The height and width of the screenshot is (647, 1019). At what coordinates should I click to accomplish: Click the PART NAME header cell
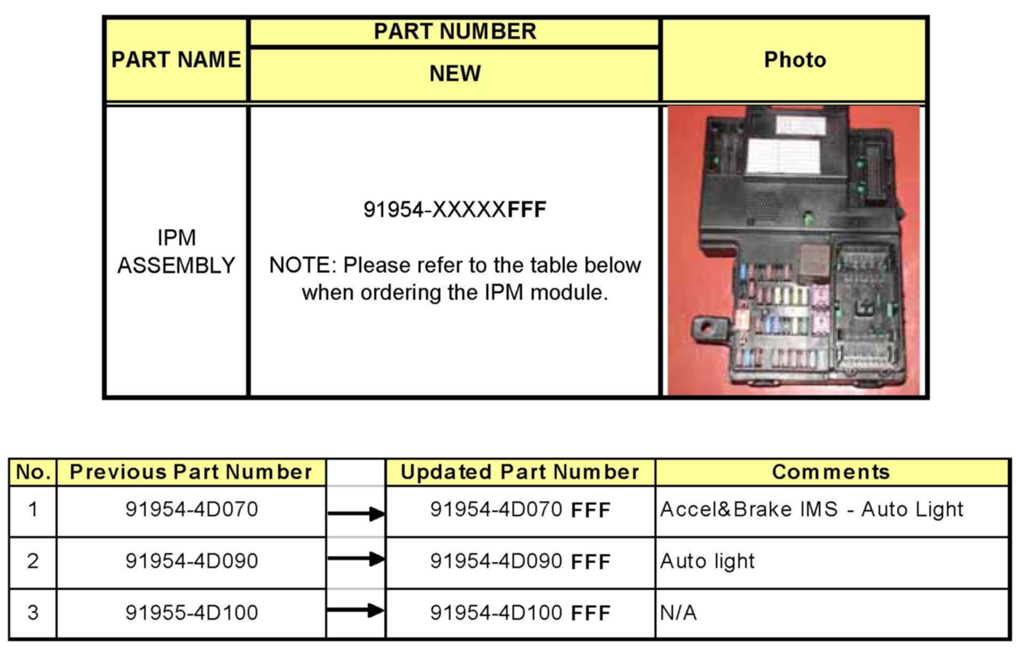176,59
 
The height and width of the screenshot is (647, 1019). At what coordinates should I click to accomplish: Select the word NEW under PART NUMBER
455,73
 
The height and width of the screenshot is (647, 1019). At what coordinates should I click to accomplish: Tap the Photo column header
794,60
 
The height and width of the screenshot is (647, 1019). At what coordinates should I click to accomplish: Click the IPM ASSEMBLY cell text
176,251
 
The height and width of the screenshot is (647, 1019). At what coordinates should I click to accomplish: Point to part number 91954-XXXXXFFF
455,209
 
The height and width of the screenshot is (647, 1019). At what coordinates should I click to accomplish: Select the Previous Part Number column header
191,472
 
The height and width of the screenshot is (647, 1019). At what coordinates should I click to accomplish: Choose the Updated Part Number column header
519,472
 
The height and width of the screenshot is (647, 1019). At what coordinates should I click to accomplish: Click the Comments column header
831,472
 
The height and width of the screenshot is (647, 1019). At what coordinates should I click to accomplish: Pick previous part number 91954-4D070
192,509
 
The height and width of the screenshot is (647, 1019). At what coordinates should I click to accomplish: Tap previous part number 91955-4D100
192,612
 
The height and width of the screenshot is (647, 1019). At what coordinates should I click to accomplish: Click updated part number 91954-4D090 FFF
520,561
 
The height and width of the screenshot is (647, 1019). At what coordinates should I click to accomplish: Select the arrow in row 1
356,514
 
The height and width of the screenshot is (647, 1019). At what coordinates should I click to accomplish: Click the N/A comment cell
678,613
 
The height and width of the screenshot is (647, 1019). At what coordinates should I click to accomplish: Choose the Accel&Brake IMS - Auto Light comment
811,509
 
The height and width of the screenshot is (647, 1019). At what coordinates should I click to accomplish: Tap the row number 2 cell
33,561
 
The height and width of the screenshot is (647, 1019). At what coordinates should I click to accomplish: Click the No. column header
33,472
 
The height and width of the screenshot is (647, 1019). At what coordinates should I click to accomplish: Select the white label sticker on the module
783,156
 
